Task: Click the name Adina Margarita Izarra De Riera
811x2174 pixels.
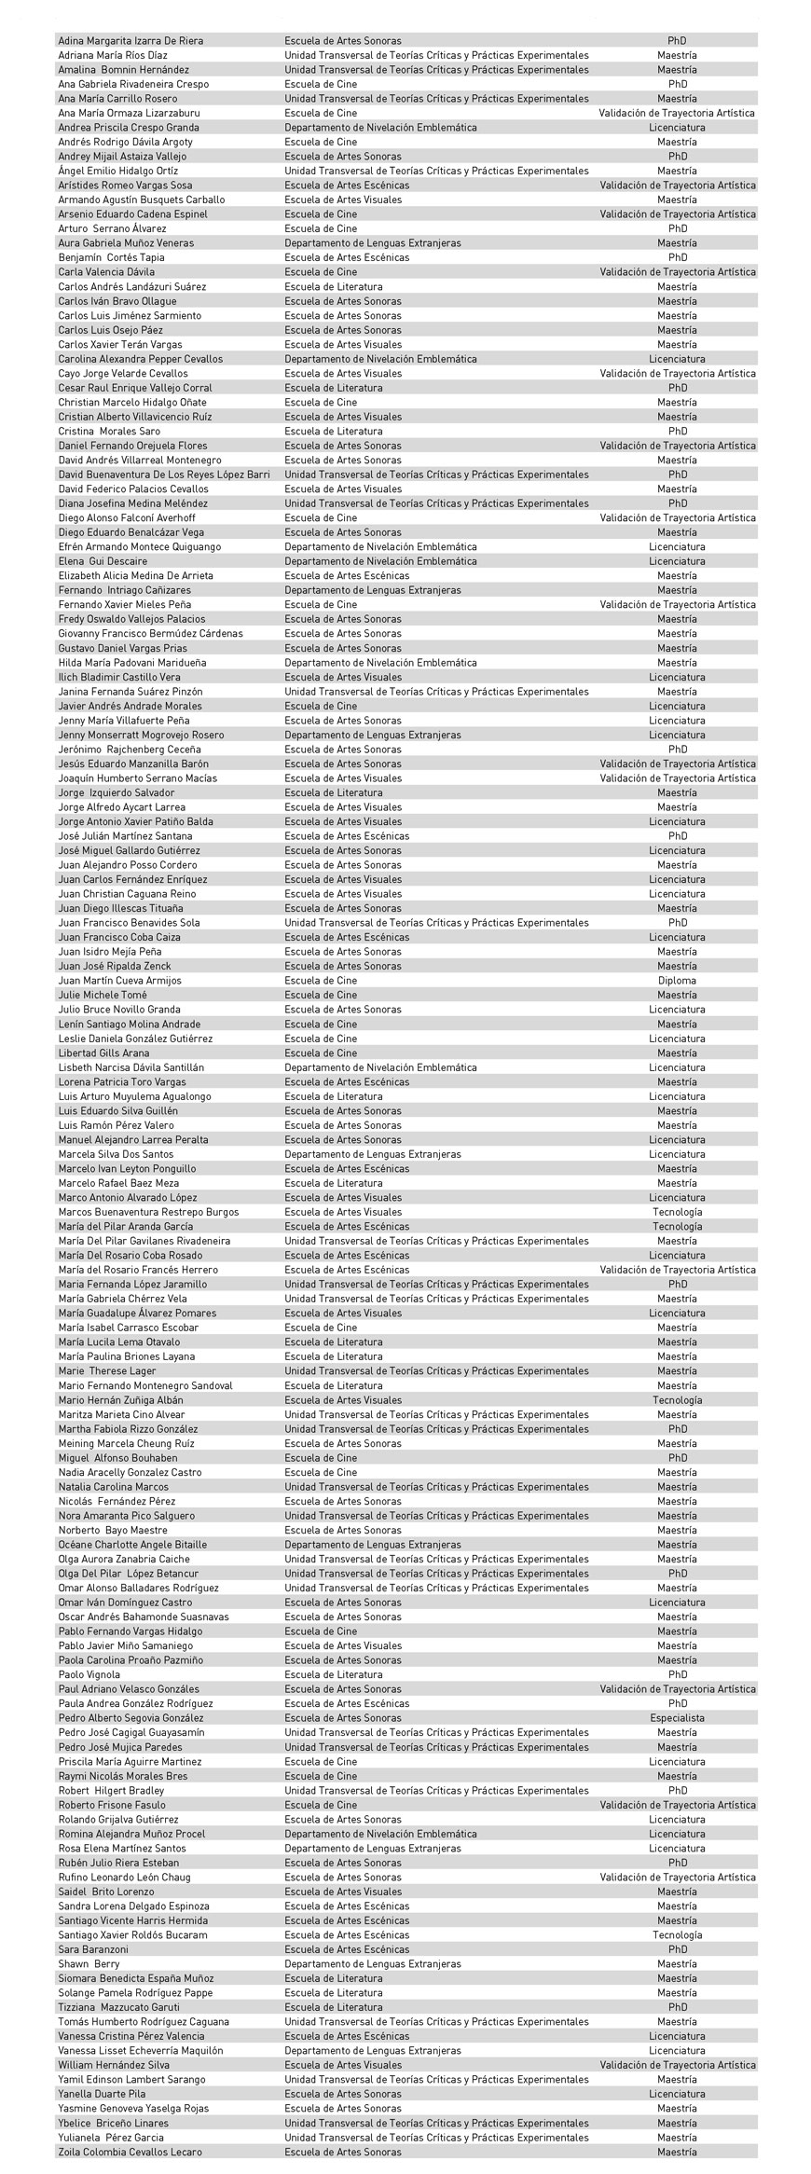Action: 131,41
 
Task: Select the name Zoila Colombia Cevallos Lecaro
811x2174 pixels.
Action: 130,2152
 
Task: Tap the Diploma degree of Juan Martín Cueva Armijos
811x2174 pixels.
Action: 677,981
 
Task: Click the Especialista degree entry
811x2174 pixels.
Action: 677,1718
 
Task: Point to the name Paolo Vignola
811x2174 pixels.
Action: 89,1674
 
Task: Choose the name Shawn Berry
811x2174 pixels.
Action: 89,1964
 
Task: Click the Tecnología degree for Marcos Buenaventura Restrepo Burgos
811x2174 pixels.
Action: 677,1212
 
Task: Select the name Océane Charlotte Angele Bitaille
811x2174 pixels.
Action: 132,1545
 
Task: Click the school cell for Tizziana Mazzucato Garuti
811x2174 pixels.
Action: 333,2007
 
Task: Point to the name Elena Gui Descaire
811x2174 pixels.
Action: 103,561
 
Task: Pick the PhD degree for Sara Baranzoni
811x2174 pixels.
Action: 677,1949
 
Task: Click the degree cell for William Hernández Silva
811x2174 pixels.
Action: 677,2065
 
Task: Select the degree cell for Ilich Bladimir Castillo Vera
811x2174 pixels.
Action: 677,678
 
